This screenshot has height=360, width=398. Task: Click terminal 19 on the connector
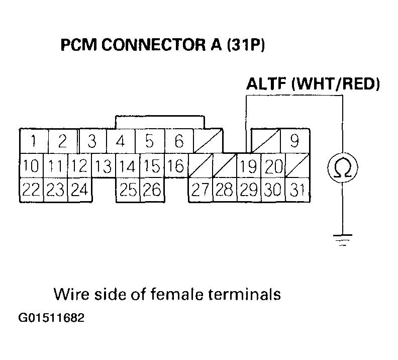pyautogui.click(x=248, y=166)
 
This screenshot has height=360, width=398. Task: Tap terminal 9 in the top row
pyautogui.click(x=295, y=141)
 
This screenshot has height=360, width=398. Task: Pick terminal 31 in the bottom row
pyautogui.click(x=297, y=190)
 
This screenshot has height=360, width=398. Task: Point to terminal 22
pyautogui.click(x=31, y=190)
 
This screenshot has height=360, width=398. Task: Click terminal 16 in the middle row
pyautogui.click(x=176, y=166)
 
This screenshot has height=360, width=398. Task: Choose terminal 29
pyautogui.click(x=248, y=190)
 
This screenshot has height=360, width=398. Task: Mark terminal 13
pyautogui.click(x=104, y=166)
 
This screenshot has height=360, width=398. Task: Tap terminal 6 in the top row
pyautogui.click(x=179, y=141)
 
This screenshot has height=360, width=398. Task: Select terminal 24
pyautogui.click(x=79, y=190)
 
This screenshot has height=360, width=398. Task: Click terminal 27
pyautogui.click(x=200, y=190)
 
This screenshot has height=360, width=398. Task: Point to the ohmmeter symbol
pyautogui.click(x=343, y=167)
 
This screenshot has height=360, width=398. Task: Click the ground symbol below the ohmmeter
pyautogui.click(x=343, y=238)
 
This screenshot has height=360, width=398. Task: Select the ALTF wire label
pyautogui.click(x=266, y=83)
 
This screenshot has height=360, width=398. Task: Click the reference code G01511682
pyautogui.click(x=50, y=319)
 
